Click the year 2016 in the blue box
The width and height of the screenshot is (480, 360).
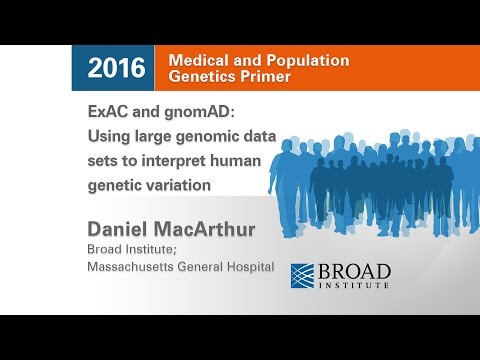[116, 68]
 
